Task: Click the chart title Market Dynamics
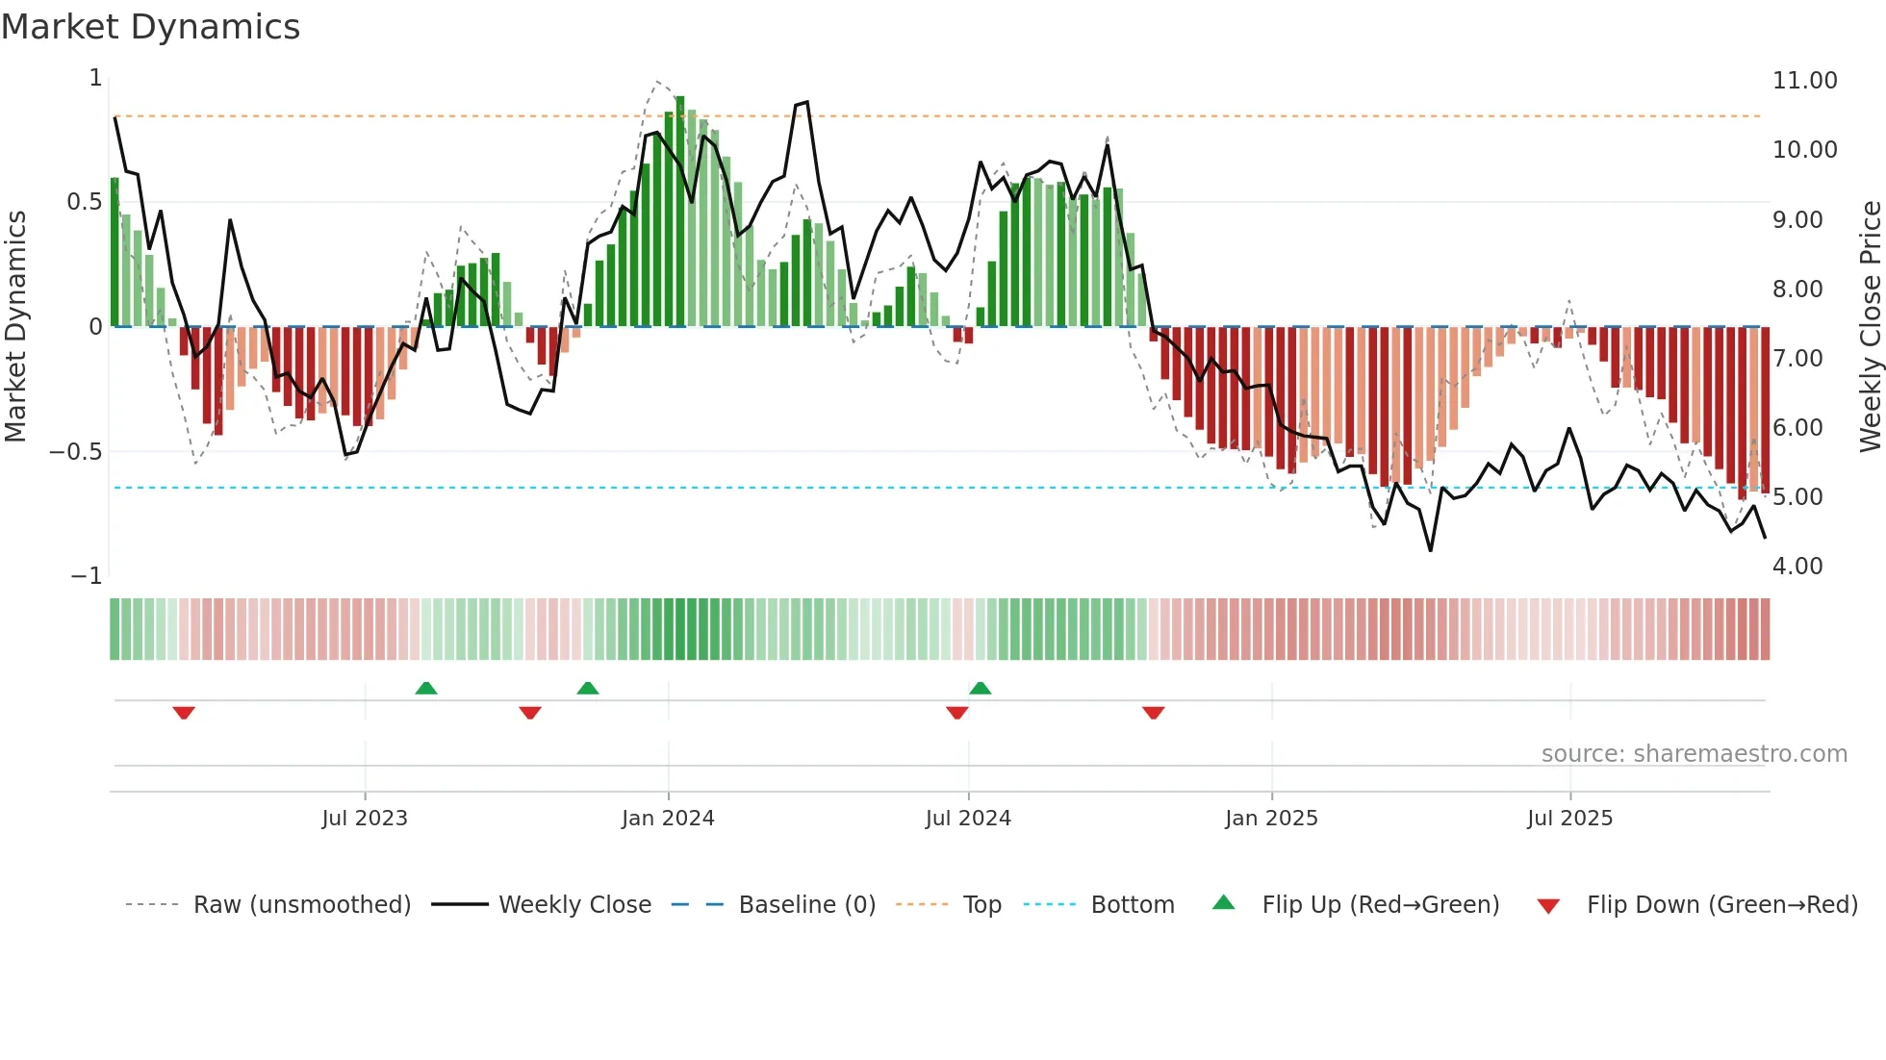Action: pos(150,27)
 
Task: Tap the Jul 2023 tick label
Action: pos(365,819)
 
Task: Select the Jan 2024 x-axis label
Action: pos(668,819)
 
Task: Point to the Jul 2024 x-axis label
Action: pos(968,819)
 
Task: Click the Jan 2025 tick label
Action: pos(1271,819)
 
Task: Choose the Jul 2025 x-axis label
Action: pos(1569,819)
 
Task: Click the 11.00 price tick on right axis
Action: pos(1804,81)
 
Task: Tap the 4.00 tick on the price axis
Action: pos(1797,567)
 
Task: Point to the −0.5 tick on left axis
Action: pos(76,452)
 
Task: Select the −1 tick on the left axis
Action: pos(87,576)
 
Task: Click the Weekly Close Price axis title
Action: pos(1870,327)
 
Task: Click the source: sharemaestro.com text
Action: pos(1694,754)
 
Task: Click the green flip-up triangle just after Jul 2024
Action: pos(980,688)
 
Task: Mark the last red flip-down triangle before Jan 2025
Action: pos(1153,713)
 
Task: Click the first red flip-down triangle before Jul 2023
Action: pos(184,713)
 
